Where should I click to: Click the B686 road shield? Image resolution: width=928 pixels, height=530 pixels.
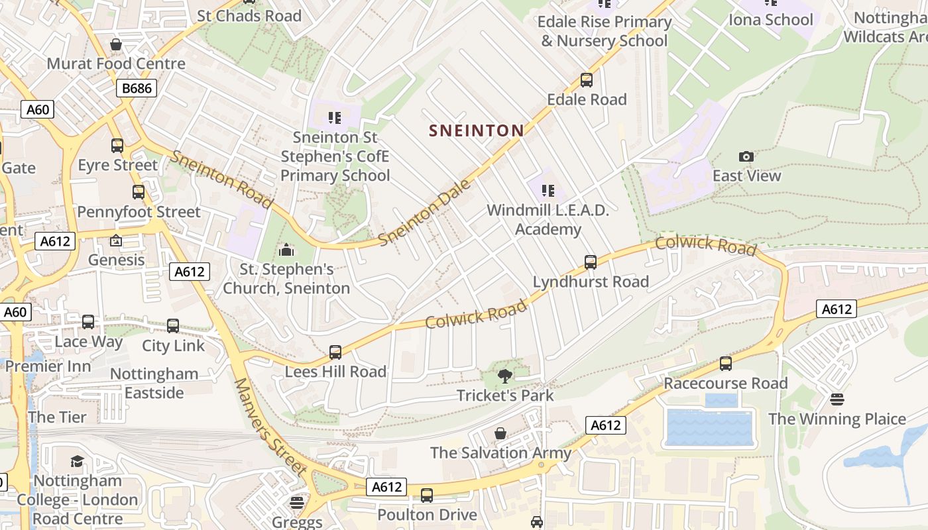137,88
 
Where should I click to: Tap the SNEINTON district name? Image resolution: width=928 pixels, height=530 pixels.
476,131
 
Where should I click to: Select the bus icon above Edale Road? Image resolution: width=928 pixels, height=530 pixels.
587,80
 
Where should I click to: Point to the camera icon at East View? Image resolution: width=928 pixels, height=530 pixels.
746,157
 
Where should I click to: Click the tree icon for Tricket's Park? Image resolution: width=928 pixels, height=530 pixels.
505,376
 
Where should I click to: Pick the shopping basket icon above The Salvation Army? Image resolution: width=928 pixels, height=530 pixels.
500,433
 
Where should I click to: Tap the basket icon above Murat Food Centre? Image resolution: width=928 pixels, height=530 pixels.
116,44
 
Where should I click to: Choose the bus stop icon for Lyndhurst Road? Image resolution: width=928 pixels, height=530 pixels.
591,262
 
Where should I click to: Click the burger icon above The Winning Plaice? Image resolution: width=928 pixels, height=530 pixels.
837,399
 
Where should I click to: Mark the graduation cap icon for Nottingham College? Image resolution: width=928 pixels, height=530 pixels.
78,461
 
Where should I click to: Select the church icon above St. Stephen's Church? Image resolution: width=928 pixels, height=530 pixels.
286,250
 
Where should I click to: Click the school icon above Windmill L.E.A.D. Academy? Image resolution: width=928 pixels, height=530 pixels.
548,191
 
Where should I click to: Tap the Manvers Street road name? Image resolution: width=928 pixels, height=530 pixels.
270,427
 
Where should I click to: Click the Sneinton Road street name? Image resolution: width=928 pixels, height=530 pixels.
221,179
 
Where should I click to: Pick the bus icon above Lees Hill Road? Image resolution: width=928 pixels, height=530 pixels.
335,352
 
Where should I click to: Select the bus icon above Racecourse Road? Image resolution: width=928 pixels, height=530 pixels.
726,364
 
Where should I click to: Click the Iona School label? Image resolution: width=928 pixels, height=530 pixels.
770,20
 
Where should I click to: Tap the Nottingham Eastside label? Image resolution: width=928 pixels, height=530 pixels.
154,383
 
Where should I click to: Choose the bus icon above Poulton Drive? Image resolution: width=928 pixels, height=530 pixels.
427,495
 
